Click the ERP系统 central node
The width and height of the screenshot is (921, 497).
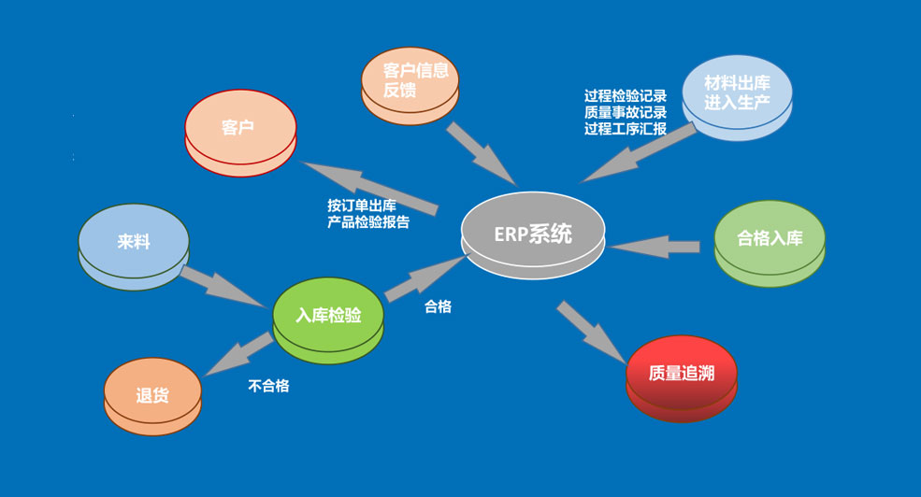[534, 234]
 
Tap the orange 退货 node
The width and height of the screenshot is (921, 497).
[152, 395]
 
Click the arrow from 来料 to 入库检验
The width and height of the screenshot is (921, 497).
[222, 286]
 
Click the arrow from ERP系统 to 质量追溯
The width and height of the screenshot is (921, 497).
[591, 332]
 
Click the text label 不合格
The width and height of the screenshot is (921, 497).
[268, 385]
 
